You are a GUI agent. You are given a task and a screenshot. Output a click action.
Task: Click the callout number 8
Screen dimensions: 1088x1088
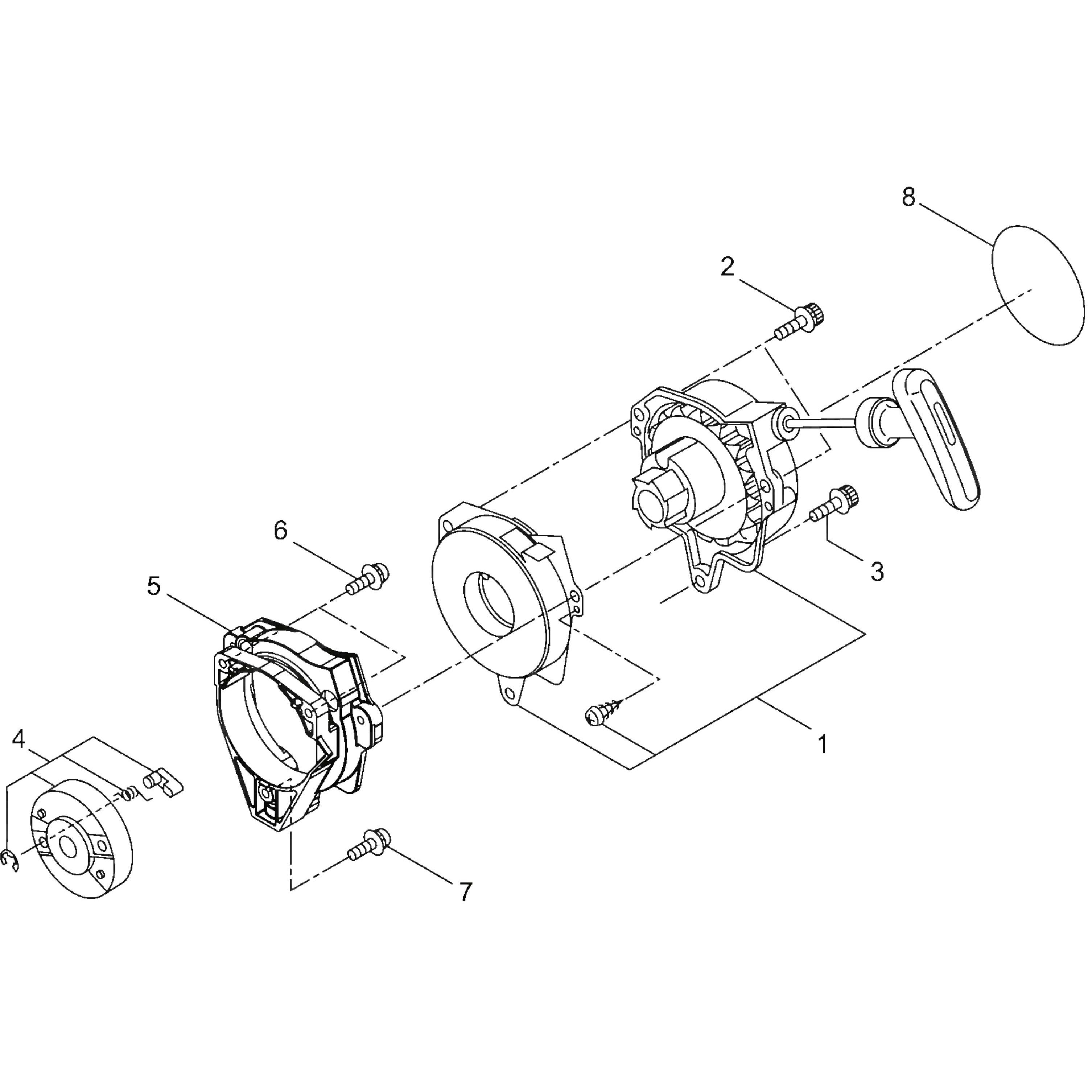click(908, 198)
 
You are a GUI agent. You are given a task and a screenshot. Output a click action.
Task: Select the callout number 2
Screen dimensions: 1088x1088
click(728, 267)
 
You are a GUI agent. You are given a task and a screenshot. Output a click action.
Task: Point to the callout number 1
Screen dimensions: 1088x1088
click(823, 745)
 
